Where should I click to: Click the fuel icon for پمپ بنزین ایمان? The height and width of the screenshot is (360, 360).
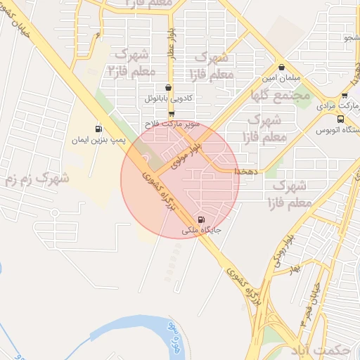pos(98,129)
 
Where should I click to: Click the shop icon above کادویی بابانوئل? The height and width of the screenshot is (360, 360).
pos(167,88)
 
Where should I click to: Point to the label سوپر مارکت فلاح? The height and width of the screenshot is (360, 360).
pos(172,124)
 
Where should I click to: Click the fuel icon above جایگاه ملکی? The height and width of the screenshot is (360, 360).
pos(202,219)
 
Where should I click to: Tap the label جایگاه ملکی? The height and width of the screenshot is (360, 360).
pos(202,230)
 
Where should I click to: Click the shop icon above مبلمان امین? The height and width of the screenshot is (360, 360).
pos(281,68)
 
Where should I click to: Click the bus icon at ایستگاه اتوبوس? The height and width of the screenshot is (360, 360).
pos(341,118)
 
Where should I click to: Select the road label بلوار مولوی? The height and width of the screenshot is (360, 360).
pos(188,146)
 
